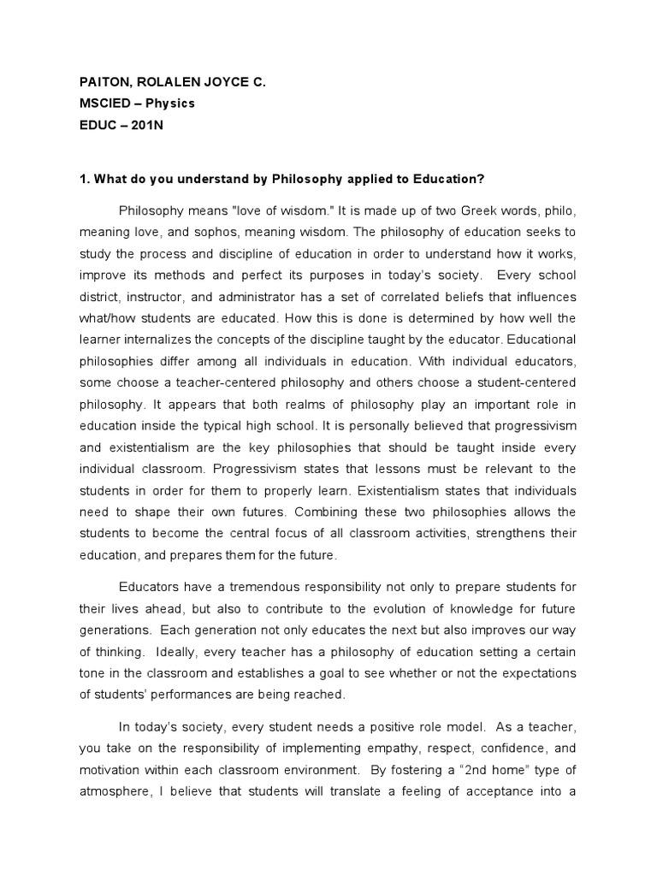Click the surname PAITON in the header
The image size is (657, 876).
[x=100, y=82]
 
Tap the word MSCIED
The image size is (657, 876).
[x=104, y=103]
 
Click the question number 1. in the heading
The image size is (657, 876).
[x=84, y=178]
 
